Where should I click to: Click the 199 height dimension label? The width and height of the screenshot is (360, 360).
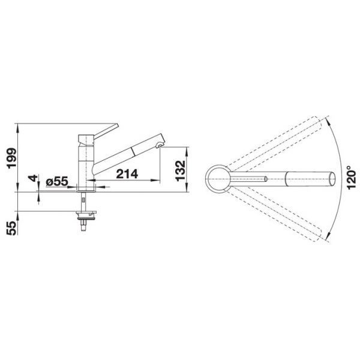pos(12,158)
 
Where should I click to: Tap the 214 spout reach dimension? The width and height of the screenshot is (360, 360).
pos(127,174)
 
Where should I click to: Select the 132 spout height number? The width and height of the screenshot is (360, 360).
pos(180,171)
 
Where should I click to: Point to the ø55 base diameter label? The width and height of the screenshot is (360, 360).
pos(57,181)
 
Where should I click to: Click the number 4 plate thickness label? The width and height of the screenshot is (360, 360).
pos(33,178)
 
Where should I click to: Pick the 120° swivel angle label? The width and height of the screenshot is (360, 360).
pos(352,178)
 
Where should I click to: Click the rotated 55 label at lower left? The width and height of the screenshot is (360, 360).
pos(12,228)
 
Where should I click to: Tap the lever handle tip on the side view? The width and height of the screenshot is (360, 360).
pos(117,125)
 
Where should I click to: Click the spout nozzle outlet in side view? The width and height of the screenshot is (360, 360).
pos(160,145)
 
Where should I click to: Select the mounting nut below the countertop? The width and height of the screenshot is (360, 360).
pos(86,215)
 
